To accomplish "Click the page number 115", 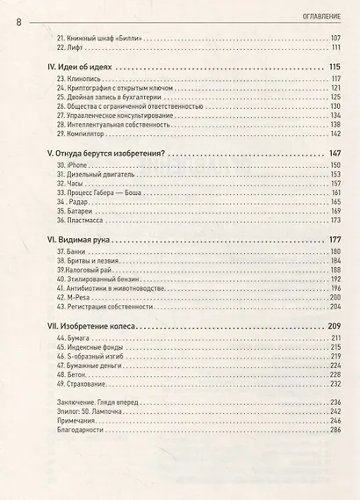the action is [x=333, y=69].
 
